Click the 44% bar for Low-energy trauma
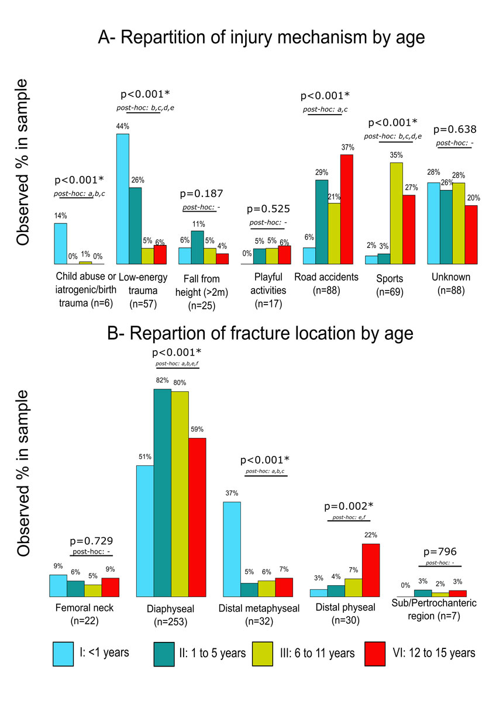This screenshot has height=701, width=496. click(123, 199)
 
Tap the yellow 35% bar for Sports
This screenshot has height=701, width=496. click(397, 213)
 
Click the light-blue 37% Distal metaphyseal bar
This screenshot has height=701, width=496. click(232, 549)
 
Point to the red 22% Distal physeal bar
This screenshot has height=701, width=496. click(371, 570)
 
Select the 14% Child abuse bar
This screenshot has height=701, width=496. click(60, 243)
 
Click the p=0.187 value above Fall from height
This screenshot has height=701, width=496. click(202, 193)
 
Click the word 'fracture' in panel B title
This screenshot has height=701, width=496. click(250, 333)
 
